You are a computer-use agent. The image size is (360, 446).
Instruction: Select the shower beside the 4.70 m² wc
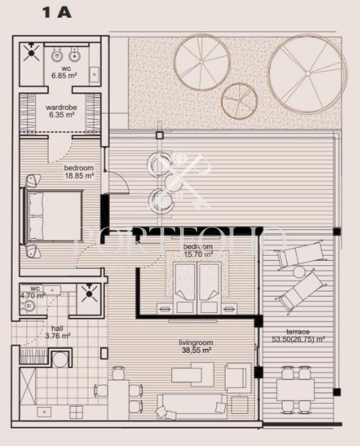pyautogui.click(x=89, y=291)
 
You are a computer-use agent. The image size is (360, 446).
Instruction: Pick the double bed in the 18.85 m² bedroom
pyautogui.click(x=54, y=214)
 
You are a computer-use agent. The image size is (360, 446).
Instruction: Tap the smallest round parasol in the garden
pyautogui.click(x=239, y=100)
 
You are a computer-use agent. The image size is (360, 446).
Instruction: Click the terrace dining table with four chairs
pyautogui.click(x=296, y=390)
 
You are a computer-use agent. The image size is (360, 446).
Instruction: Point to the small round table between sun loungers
pyautogui.click(x=299, y=272)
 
